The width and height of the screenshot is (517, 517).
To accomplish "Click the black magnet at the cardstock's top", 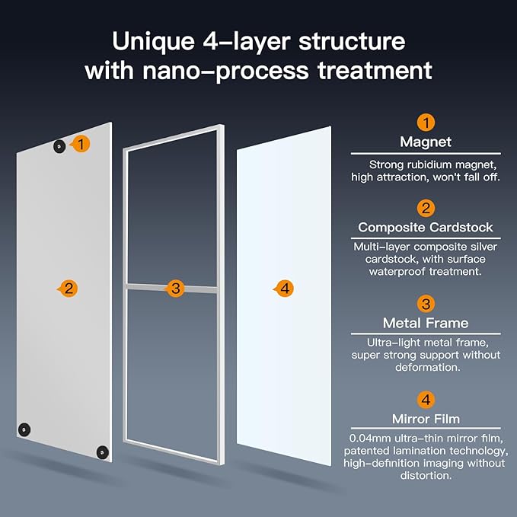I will click(x=59, y=146).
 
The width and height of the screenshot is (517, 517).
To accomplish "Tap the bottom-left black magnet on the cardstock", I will click(x=25, y=429).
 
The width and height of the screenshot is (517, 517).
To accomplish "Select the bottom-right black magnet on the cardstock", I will click(x=101, y=452).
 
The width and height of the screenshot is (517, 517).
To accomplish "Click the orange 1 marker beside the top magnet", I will click(x=82, y=143).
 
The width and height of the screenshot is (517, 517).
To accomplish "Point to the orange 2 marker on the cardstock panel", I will click(x=69, y=289).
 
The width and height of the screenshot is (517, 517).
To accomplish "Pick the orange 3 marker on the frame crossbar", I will click(x=176, y=289).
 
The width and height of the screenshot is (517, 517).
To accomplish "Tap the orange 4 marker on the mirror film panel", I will click(x=283, y=289).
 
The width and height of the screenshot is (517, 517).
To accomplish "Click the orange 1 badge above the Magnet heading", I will click(x=426, y=123).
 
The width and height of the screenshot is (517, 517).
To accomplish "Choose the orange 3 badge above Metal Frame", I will click(x=426, y=305).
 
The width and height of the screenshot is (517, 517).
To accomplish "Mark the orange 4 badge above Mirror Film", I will click(x=426, y=400).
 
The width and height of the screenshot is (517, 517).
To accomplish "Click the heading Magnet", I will click(x=426, y=142).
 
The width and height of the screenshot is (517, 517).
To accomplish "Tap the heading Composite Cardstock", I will click(x=426, y=228).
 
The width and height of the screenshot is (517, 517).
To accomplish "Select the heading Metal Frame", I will click(x=426, y=324).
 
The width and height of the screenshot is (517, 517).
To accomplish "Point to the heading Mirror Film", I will click(x=426, y=419).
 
